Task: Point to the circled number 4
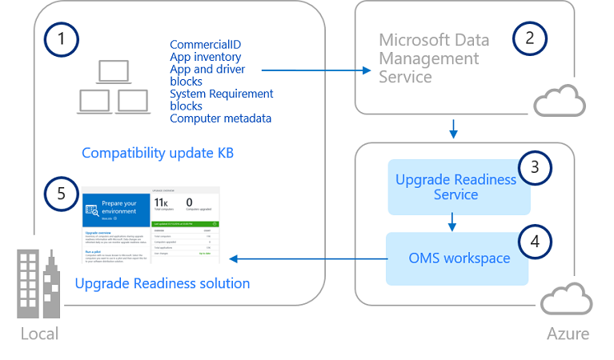[534, 239]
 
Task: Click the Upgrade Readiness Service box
[456, 187]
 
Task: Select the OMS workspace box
[456, 258]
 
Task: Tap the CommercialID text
[205, 45]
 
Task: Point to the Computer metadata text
[220, 118]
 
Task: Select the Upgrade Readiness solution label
[162, 283]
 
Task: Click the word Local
[39, 333]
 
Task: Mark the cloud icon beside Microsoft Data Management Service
[560, 99]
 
